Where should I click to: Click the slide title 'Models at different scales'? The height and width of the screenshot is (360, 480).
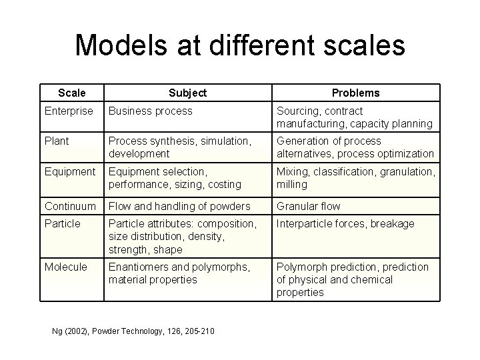[240, 45]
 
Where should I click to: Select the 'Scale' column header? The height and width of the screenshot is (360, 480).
[71, 93]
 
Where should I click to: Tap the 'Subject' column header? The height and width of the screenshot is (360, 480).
[187, 93]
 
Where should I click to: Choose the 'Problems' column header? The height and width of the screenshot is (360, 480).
[356, 93]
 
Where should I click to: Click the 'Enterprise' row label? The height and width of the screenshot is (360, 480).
[69, 111]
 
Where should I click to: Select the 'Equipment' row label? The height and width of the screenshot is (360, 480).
[70, 171]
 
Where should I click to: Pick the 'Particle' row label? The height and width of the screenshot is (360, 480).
[62, 223]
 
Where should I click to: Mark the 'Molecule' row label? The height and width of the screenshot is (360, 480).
[65, 267]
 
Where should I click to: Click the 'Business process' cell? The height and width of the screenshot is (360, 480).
[151, 111]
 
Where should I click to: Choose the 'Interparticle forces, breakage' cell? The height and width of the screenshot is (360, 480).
[345, 223]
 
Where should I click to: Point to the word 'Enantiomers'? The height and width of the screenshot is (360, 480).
[139, 267]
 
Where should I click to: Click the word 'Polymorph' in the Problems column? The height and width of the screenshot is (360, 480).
[302, 267]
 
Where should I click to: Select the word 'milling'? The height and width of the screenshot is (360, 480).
[292, 183]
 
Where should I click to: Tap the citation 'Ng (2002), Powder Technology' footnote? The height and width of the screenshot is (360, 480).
[133, 331]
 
